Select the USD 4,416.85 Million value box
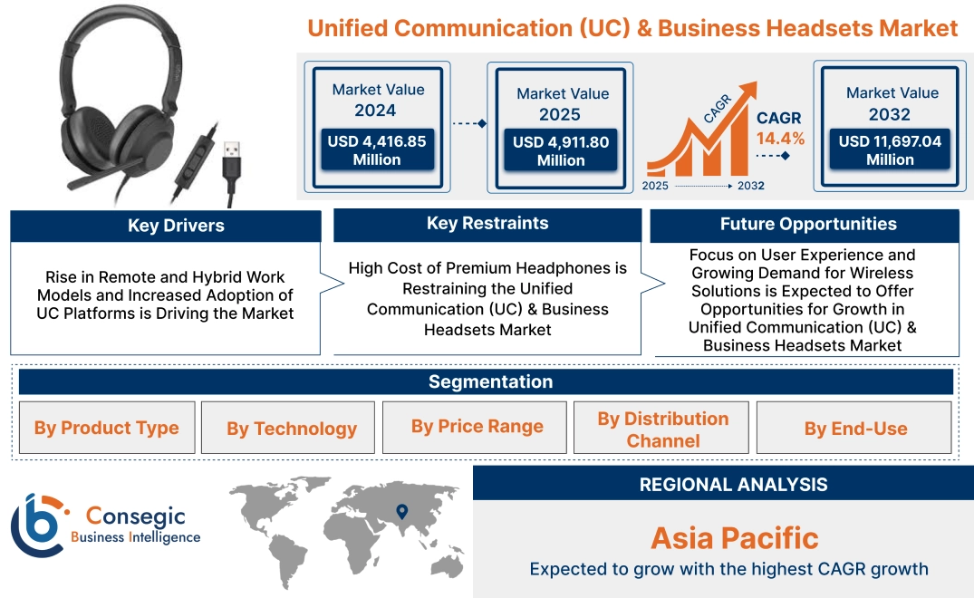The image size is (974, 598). click(376, 150)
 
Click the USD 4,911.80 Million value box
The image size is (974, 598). click(561, 151)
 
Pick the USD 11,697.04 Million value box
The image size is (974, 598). click(890, 150)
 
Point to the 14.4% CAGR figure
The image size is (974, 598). click(780, 139)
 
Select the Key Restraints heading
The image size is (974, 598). click(487, 224)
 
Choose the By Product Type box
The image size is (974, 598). click(106, 428)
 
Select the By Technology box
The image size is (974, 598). click(291, 428)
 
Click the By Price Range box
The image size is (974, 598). click(477, 427)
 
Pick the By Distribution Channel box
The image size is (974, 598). click(662, 429)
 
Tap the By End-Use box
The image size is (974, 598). click(854, 429)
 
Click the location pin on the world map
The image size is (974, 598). click(402, 513)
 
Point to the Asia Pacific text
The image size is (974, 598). click(734, 538)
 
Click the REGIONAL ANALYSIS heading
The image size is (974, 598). click(733, 485)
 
